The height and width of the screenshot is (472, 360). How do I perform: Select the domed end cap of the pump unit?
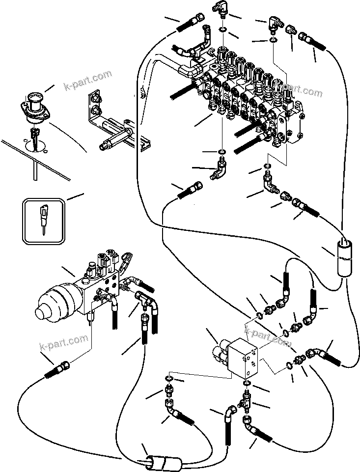pos(48,305)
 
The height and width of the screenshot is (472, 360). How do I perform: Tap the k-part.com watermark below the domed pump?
pos(64,344)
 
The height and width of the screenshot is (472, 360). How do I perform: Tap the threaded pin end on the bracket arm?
pos(105,145)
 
